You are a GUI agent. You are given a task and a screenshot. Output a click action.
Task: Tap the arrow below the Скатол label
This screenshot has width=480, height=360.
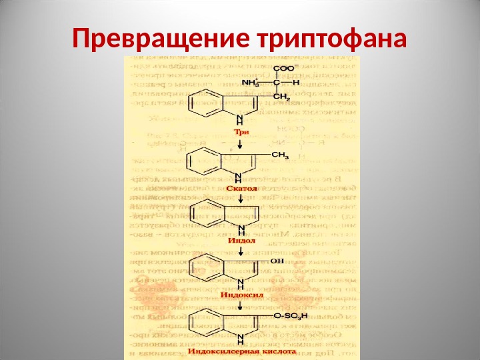239,199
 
